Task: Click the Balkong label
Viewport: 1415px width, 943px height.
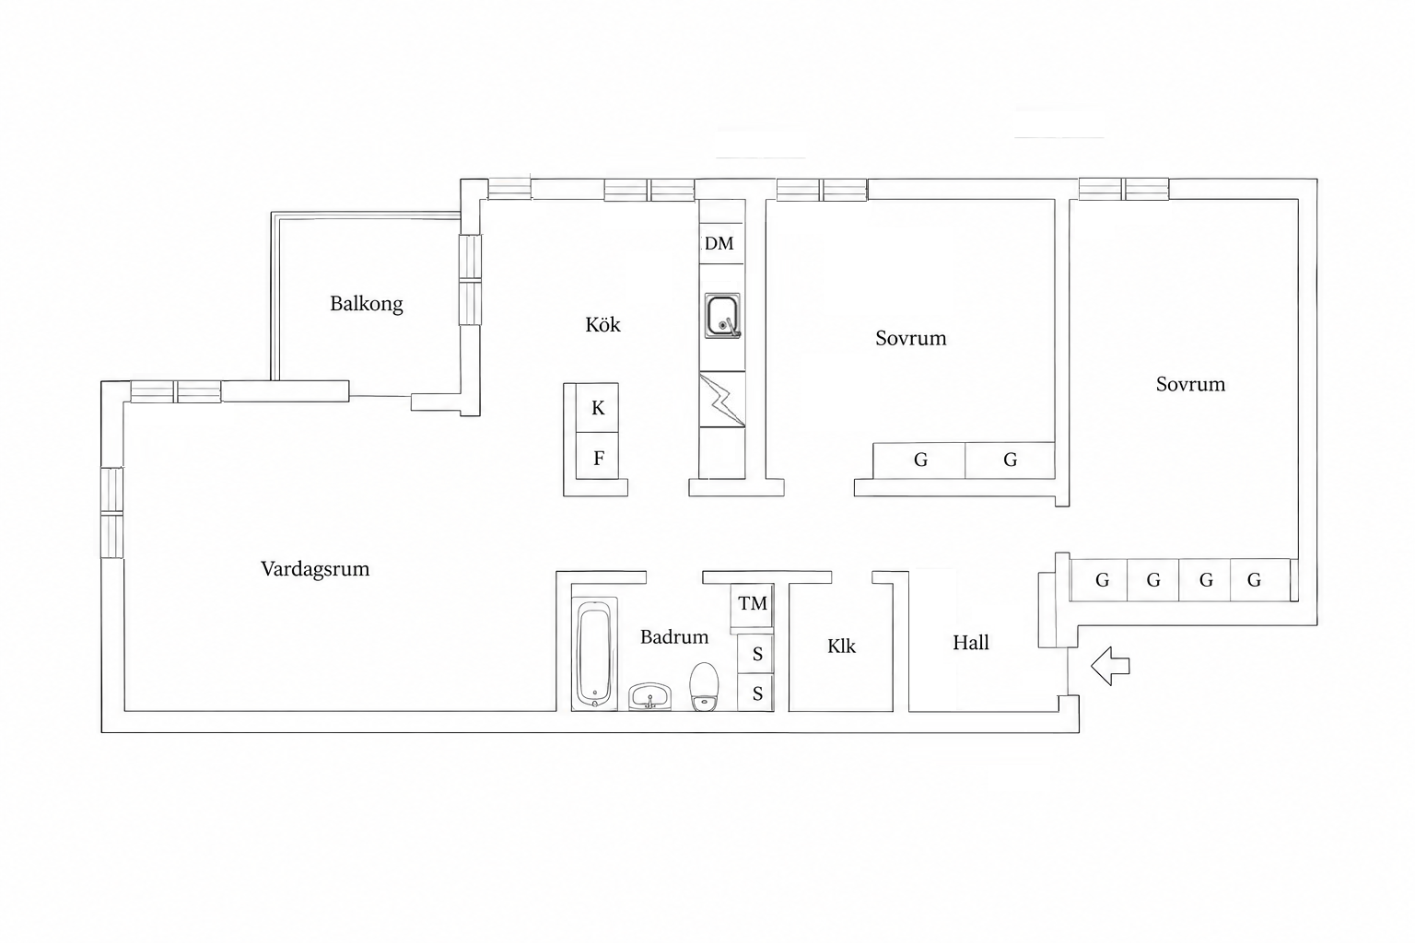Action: pos(367,304)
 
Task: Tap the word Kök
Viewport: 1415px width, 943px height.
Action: pos(602,325)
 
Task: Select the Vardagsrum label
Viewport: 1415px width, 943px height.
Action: pos(315,569)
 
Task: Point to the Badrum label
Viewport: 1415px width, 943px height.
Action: pos(674,636)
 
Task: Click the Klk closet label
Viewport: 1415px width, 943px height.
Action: pos(841,646)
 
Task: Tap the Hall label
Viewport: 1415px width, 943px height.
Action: pos(971,643)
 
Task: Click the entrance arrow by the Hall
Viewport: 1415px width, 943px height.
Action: pos(1110,667)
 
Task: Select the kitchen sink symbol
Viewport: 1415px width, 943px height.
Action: pos(722,315)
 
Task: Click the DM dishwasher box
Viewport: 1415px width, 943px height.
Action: pos(721,244)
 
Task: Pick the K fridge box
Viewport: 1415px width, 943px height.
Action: pos(598,408)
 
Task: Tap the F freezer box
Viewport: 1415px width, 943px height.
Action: pos(598,457)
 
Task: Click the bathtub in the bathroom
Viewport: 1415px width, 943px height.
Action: pos(594,655)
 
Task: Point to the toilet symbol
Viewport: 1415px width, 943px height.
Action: pos(704,687)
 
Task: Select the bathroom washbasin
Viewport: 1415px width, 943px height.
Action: pos(650,697)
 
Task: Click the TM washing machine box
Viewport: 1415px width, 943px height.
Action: pos(753,604)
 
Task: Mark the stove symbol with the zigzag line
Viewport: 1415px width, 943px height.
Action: pos(722,399)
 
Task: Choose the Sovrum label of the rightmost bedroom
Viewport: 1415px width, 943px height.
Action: pos(1191,384)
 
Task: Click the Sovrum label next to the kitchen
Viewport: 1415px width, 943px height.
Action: pos(911,338)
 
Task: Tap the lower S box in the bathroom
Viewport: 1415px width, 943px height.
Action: pos(756,693)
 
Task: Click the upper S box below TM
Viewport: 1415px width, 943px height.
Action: pos(756,654)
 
